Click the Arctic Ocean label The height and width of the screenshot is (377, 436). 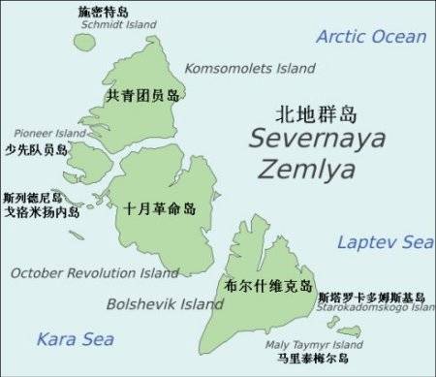[x=371, y=37]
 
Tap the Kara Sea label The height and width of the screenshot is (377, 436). [x=75, y=339]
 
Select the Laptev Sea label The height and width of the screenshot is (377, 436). [x=385, y=242]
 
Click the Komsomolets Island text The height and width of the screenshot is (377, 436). [x=250, y=69]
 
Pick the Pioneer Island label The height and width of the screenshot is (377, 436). [x=50, y=133]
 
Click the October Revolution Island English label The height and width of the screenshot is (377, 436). [x=95, y=273]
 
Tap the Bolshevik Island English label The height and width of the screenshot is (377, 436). [x=165, y=304]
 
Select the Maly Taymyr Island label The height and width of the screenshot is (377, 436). [x=315, y=344]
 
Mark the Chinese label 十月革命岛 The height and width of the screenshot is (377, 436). [x=160, y=208]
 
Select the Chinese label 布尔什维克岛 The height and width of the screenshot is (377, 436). [x=267, y=286]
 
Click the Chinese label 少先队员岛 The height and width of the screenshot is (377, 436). [x=36, y=150]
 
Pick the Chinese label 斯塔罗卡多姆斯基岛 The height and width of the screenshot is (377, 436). [x=371, y=296]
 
